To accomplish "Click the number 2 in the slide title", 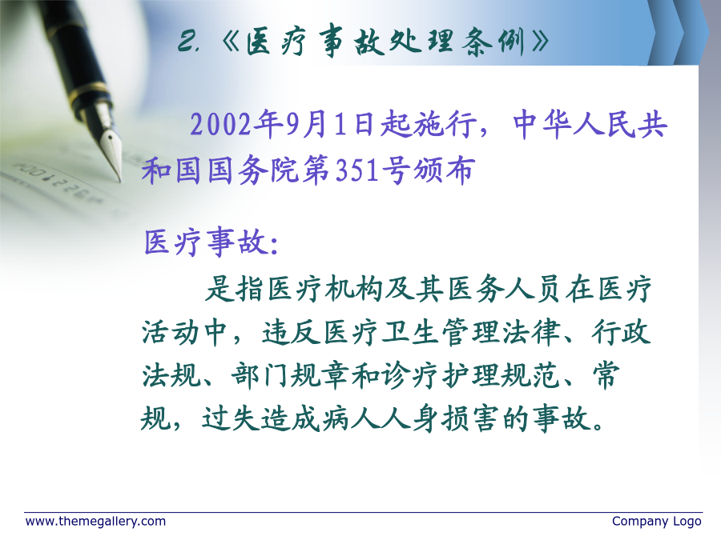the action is (187, 41).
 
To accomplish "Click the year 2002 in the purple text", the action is (221, 125).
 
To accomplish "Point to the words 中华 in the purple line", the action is (542, 125).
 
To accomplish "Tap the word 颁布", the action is (443, 170).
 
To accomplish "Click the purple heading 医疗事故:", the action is (211, 242).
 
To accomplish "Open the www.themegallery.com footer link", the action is (95, 522).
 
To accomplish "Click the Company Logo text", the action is (657, 522).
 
